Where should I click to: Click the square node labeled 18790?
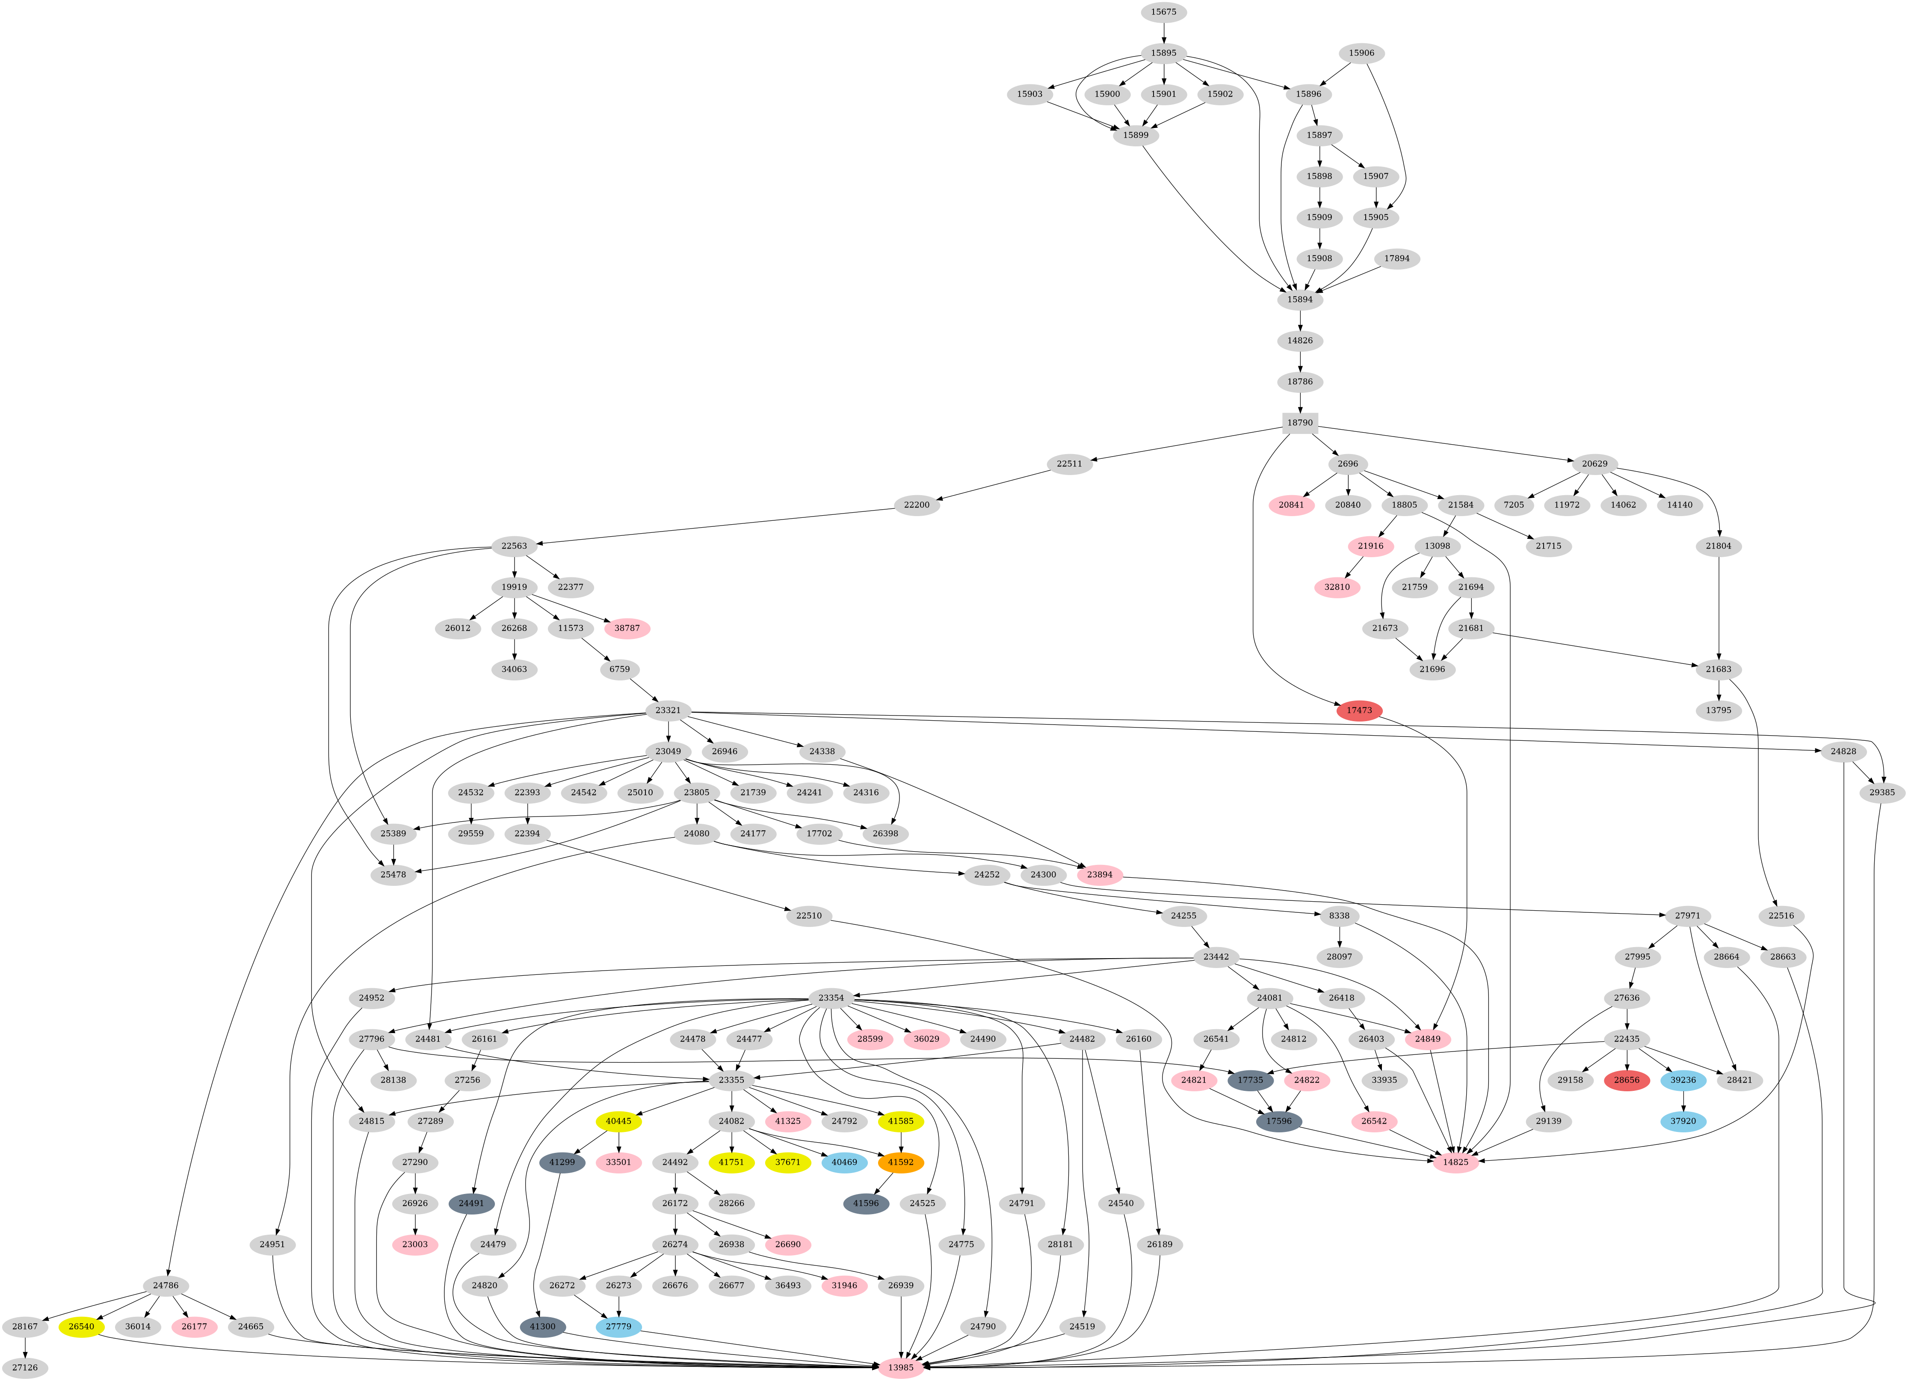point(1300,422)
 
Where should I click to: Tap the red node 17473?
point(1359,710)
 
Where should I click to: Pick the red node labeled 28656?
point(1626,1080)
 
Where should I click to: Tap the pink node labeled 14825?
point(1455,1162)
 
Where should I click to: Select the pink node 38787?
point(627,628)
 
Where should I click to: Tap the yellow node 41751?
point(731,1162)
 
